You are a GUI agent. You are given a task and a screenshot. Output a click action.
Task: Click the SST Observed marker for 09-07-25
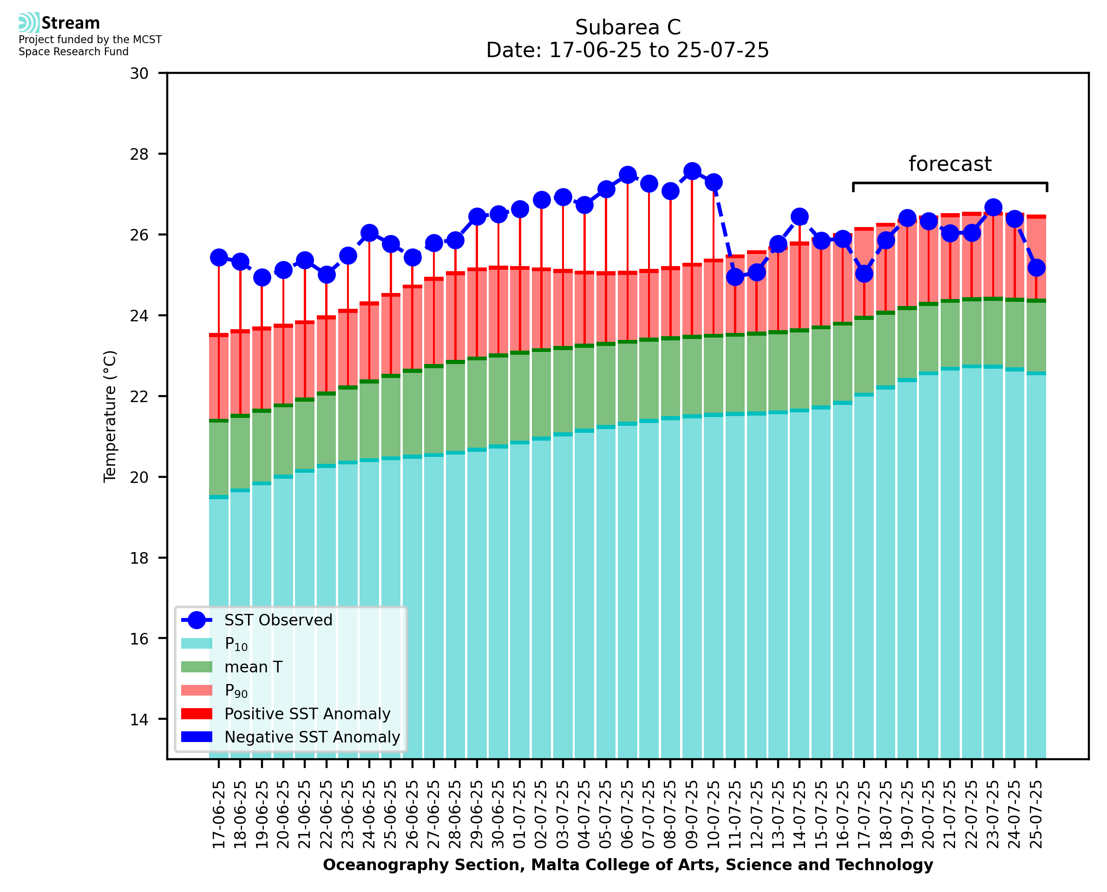click(x=692, y=171)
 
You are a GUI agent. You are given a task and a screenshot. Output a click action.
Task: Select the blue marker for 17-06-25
click(x=219, y=257)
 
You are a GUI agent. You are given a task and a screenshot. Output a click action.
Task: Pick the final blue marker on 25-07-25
click(x=1036, y=268)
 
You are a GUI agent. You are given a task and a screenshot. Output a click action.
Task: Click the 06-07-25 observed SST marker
click(x=627, y=175)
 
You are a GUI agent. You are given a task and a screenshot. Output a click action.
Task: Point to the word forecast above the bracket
click(x=950, y=164)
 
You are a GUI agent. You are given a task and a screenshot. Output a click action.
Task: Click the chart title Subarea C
click(x=628, y=27)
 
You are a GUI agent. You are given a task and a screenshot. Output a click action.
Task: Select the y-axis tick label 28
click(x=139, y=154)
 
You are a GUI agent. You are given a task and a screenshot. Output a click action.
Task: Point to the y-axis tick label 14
click(x=139, y=719)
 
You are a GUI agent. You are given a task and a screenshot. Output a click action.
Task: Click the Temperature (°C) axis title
click(x=110, y=416)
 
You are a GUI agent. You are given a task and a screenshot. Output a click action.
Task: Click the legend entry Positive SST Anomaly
click(x=308, y=714)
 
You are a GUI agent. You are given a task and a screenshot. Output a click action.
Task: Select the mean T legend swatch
click(x=197, y=667)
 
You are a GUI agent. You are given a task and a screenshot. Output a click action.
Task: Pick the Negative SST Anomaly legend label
click(x=312, y=737)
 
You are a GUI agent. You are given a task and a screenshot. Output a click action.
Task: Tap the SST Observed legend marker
click(x=197, y=620)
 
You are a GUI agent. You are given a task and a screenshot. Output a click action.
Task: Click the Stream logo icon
click(x=29, y=23)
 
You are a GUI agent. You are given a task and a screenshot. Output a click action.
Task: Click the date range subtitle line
click(x=628, y=50)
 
